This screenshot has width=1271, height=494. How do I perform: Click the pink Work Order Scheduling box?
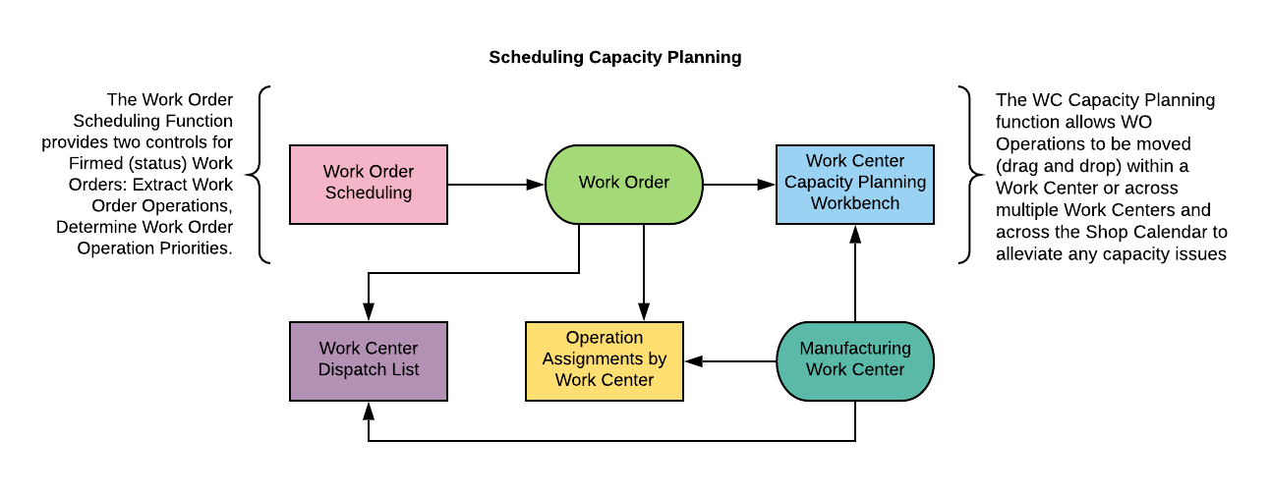pos(369,183)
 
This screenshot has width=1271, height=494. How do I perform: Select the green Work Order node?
pos(623,183)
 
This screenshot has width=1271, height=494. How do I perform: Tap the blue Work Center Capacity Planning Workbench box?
pos(854,183)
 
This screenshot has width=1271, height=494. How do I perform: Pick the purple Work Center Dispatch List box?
pos(369,360)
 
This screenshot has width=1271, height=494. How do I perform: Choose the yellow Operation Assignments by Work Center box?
pos(604,360)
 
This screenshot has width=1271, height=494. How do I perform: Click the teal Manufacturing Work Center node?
pos(854,360)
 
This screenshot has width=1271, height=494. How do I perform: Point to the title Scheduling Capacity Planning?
pos(614,58)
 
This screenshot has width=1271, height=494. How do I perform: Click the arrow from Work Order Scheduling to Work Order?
pos(496,184)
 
